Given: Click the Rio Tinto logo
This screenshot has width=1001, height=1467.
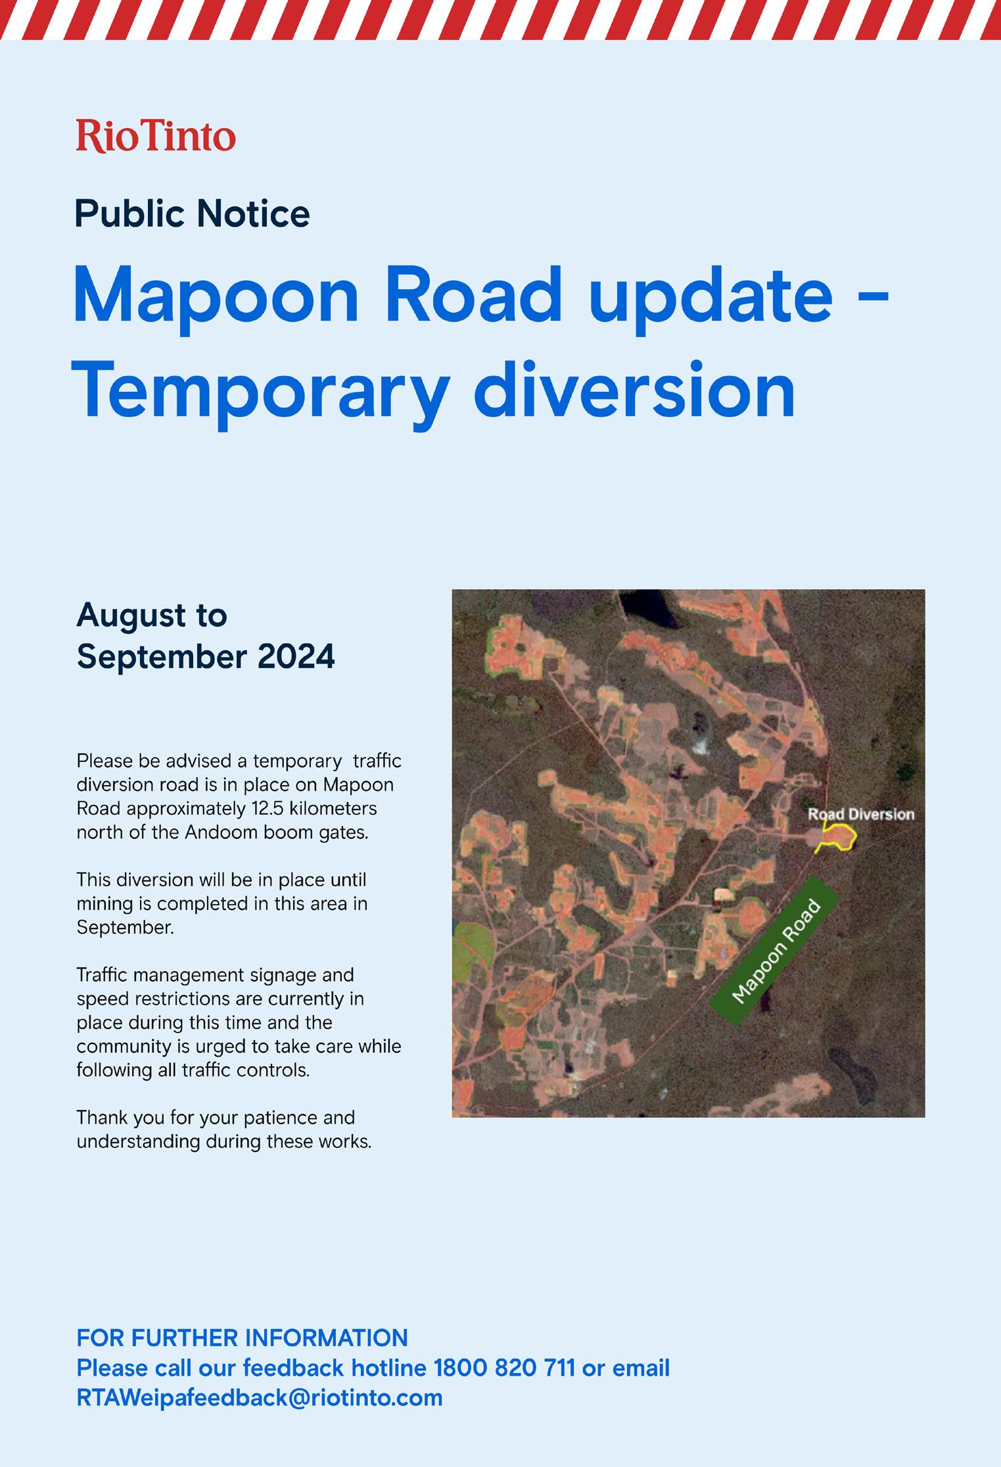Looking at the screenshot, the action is tap(156, 135).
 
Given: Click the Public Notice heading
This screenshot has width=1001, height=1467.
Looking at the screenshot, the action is tap(192, 214).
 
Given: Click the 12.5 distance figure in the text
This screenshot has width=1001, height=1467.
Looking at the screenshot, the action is tap(271, 807).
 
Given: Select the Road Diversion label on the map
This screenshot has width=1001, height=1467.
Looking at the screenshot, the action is tap(861, 814).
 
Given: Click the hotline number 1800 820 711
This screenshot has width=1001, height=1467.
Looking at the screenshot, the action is tap(504, 1368).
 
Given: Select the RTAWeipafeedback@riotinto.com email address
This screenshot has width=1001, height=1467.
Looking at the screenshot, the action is tap(260, 1397).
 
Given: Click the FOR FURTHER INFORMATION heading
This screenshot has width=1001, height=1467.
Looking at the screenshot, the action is tap(242, 1338).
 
